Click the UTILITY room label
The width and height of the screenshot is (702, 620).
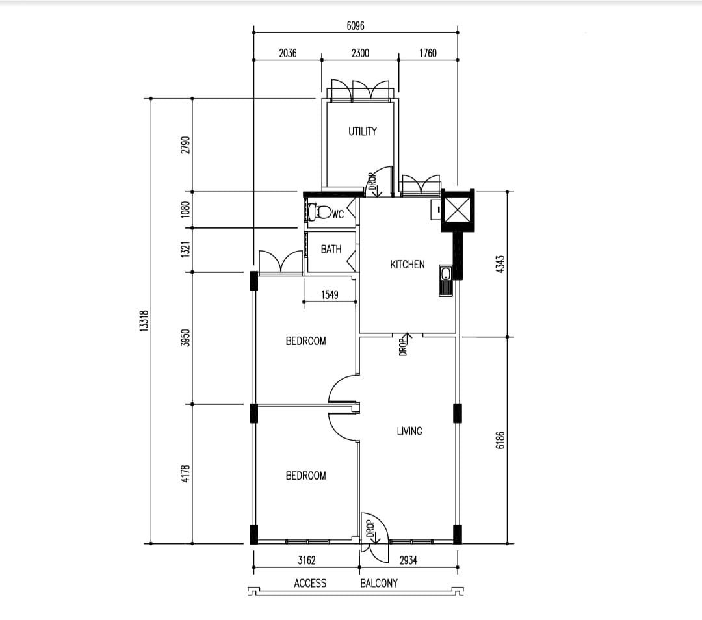pyautogui.click(x=363, y=131)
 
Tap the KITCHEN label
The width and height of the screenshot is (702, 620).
pyautogui.click(x=408, y=265)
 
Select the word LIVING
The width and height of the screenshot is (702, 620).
pyautogui.click(x=409, y=431)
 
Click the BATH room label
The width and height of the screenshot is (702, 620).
pyautogui.click(x=331, y=250)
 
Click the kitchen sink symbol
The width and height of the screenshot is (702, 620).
pyautogui.click(x=446, y=280)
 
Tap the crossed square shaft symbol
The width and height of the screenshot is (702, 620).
pyautogui.click(x=457, y=209)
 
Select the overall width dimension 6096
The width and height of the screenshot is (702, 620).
pyautogui.click(x=356, y=26)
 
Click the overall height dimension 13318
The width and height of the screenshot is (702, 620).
pyautogui.click(x=144, y=320)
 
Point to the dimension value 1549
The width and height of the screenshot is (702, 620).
pyautogui.click(x=330, y=294)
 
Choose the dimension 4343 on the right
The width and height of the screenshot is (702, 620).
pyautogui.click(x=500, y=264)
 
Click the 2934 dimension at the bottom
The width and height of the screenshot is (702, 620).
pyautogui.click(x=408, y=560)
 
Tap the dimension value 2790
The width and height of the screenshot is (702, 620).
pyautogui.click(x=185, y=145)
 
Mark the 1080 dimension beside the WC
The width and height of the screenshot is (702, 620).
pyautogui.click(x=185, y=209)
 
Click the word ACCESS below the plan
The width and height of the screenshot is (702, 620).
pyautogui.click(x=310, y=584)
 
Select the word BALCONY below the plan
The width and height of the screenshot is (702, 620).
pyautogui.click(x=379, y=584)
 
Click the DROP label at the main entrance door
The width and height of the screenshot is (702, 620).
pyautogui.click(x=370, y=528)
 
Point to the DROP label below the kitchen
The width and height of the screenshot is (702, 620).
pyautogui.click(x=403, y=347)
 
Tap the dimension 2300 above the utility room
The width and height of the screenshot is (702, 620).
pyautogui.click(x=360, y=53)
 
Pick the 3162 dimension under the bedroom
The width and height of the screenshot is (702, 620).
pyautogui.click(x=307, y=560)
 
